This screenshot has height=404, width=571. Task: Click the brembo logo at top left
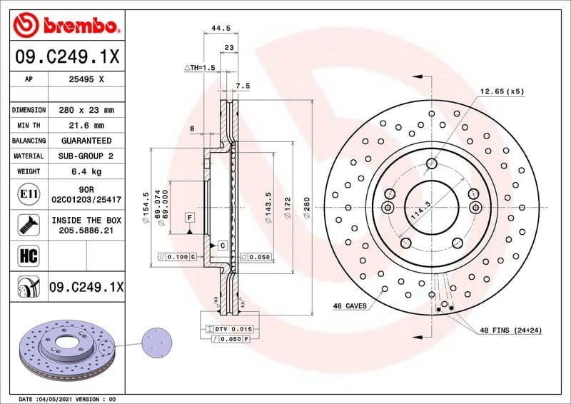[66, 26]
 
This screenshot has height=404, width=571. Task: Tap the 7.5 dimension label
[243, 86]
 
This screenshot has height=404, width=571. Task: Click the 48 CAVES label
[350, 306]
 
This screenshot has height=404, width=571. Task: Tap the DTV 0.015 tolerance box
[229, 328]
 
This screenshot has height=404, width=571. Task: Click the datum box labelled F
[191, 216]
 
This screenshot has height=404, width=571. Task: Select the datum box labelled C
[221, 246]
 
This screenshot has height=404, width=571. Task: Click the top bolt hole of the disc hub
[431, 165]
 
